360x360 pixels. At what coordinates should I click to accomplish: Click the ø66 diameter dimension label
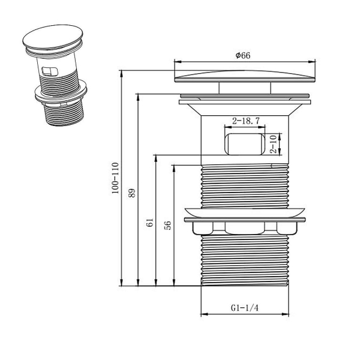pos(243,55)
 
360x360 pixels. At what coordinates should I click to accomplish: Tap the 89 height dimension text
pos(132,193)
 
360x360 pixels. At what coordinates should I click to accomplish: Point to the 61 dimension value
pos(149,223)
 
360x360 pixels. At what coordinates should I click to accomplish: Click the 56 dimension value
pos(168,226)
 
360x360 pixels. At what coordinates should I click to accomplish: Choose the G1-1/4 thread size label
pos(244,308)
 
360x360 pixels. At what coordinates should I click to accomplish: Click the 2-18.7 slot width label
pos(246,121)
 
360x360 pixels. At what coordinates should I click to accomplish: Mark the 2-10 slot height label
pos(273,145)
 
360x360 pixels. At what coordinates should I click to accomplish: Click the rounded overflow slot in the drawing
pos(244,145)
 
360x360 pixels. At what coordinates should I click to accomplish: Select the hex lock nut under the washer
pos(244,227)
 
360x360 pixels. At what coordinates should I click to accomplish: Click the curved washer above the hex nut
pos(244,212)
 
